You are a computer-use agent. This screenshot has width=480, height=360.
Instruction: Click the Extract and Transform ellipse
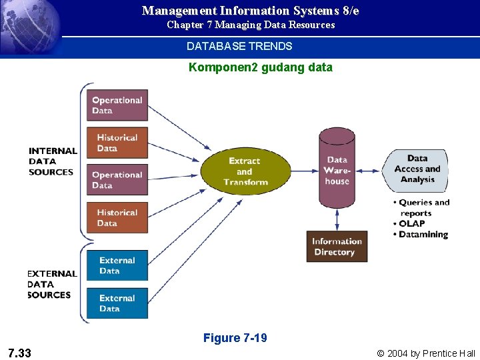click(245, 171)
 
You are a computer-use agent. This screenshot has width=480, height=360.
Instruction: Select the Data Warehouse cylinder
click(337, 169)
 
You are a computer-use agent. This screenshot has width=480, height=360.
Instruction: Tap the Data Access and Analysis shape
click(417, 169)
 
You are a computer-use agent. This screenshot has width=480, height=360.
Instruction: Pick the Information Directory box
click(337, 247)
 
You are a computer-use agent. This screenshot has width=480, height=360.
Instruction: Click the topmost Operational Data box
click(117, 105)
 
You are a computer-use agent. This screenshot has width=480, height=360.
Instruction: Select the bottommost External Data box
click(117, 303)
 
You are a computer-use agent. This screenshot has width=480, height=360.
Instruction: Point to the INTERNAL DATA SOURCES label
click(51, 161)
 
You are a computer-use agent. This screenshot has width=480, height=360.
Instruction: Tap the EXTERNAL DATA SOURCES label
click(51, 284)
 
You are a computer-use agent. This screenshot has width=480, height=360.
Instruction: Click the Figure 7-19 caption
click(235, 338)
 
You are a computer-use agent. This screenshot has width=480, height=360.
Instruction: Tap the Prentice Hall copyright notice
click(426, 353)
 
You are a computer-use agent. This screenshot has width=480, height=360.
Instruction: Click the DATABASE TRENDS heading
click(239, 47)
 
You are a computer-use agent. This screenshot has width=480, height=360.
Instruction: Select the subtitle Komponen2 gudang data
click(260, 67)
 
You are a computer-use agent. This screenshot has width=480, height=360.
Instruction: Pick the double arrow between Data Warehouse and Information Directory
click(337, 219)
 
